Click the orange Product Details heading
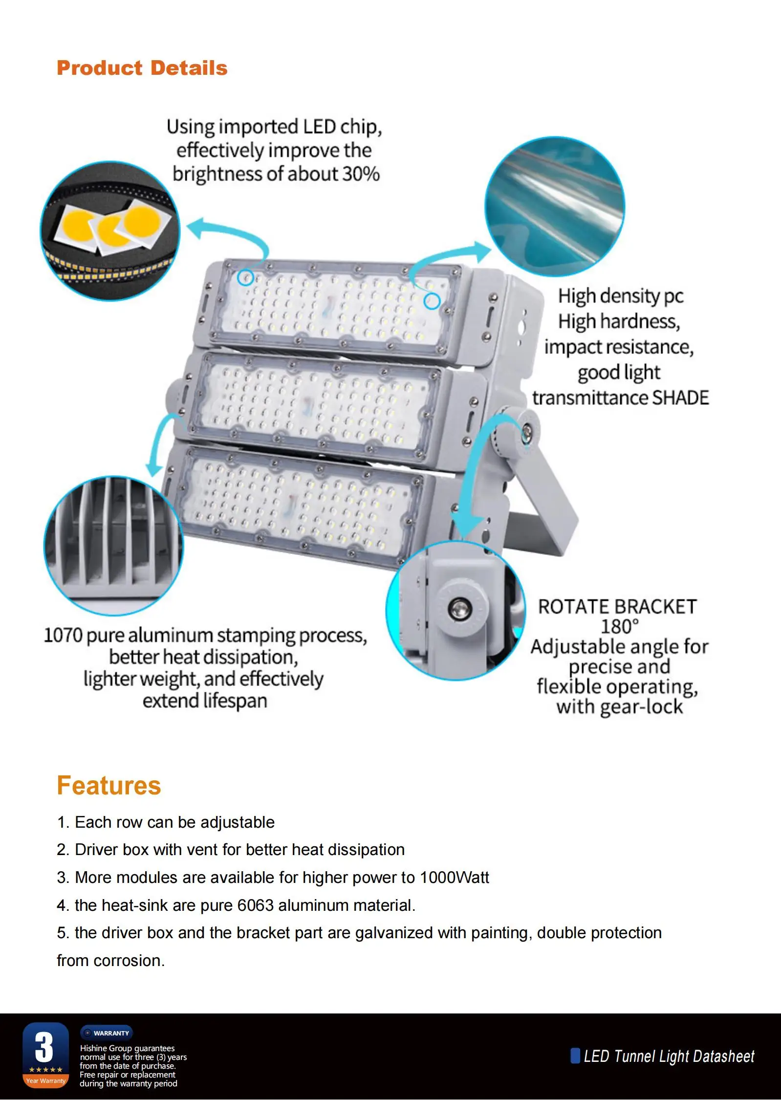[142, 68]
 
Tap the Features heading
[108, 786]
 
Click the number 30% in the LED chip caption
[361, 174]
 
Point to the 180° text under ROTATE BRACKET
[619, 626]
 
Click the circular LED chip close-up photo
[110, 231]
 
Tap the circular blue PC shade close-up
[555, 206]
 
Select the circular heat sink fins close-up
[113, 546]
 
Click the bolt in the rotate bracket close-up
[459, 609]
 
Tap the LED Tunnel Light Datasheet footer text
[669, 1056]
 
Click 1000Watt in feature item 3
[454, 878]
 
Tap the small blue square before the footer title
[575, 1056]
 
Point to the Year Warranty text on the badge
[46, 1080]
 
